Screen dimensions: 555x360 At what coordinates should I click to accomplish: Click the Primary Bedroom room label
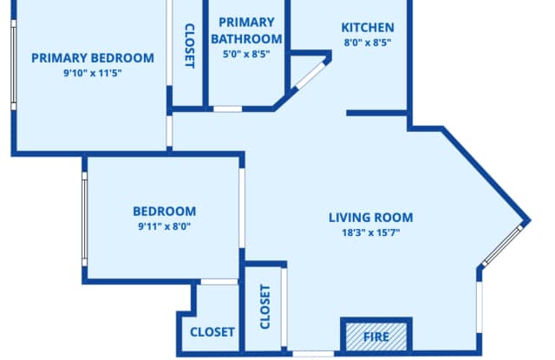point(93,58)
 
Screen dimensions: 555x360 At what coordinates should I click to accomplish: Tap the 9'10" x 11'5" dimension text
point(93,73)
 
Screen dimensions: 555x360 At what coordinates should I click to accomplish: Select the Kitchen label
point(368,28)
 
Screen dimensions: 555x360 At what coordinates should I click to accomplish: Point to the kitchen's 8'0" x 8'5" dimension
point(368,43)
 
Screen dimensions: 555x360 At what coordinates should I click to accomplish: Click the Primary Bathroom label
point(246,30)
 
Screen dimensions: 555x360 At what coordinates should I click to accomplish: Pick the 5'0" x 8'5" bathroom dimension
point(246,54)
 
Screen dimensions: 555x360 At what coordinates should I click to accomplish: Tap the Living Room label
point(370,218)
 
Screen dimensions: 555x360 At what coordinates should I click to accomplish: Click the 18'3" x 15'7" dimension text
point(370,232)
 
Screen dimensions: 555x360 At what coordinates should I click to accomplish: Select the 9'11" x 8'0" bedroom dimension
point(164,226)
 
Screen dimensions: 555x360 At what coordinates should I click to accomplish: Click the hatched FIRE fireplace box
point(376,337)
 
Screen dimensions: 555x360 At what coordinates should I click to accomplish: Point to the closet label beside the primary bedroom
point(190,46)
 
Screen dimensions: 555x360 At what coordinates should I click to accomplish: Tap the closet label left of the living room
point(264,306)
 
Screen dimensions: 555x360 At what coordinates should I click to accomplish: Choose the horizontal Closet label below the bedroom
point(212,332)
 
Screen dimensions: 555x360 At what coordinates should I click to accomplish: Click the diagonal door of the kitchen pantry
point(310,75)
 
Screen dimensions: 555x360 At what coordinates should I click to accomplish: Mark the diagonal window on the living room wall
point(503,245)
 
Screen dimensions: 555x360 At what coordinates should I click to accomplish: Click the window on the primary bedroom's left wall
point(14,65)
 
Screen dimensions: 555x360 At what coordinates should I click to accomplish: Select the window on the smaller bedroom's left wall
point(85,219)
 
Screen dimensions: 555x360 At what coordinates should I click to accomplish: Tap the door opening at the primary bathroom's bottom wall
point(227,109)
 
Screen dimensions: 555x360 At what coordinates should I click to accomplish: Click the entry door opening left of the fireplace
point(313,354)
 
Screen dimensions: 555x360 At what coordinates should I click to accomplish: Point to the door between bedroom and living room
point(242,208)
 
